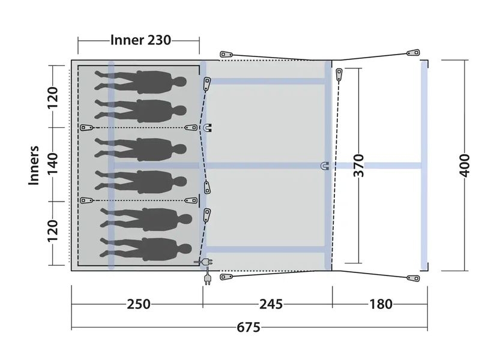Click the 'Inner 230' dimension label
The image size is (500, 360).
pos(140,40)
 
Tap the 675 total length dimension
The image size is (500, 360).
pos(248,328)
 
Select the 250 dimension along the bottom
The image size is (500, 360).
pos(139,304)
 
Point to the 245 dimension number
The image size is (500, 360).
pos(271,304)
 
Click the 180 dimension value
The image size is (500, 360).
pos(381,304)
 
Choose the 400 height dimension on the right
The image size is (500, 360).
pos(465,165)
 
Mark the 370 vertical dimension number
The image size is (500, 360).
pos(359,165)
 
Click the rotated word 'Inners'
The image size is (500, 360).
pos(34,165)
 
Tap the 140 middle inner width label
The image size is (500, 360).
pos(53,164)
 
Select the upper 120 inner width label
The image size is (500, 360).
pos(53,97)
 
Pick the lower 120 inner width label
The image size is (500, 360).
pos(53,231)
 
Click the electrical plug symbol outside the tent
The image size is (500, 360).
pos(207,278)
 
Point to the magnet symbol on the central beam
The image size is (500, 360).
pos(325,166)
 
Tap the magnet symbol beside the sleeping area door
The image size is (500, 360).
pos(208,128)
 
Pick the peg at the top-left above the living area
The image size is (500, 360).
pos(226,54)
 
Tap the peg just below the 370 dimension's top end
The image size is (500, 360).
pos(339,74)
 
